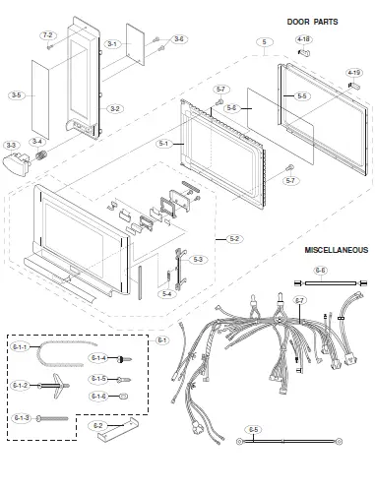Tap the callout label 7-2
47,34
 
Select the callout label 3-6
178,39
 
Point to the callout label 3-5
15,95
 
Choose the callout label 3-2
114,108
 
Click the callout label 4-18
303,39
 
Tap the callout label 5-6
231,107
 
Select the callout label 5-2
233,238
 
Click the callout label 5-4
165,293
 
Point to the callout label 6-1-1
20,347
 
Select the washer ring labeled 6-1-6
123,396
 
